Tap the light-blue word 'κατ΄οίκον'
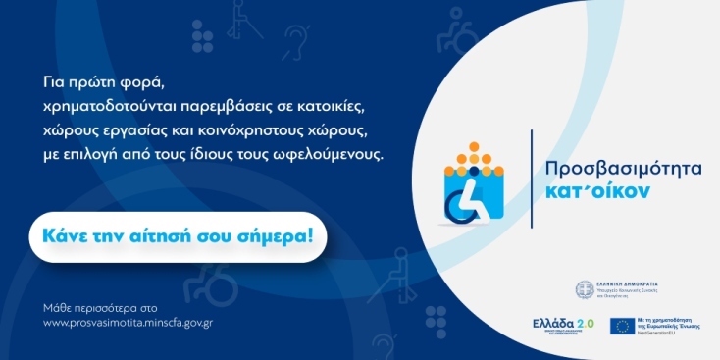click(x=598, y=191)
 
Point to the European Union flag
click(x=620, y=328)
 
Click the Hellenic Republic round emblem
click(x=586, y=290)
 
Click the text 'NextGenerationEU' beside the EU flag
click(x=659, y=334)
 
